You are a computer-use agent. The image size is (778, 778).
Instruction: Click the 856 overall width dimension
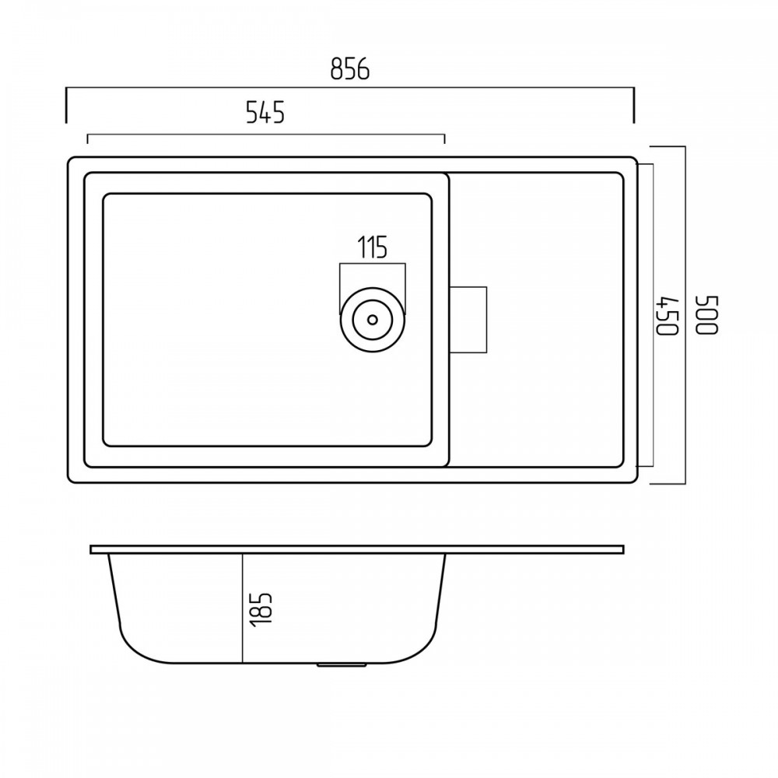(350, 69)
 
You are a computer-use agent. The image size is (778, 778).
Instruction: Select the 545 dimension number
(265, 113)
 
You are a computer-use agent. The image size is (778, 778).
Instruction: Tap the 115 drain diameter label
(373, 247)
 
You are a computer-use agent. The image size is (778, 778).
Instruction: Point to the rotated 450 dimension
(668, 316)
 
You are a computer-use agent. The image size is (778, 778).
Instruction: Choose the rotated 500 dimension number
(707, 316)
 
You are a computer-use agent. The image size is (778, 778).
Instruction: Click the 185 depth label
(261, 609)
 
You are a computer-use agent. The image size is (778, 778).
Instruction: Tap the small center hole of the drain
(373, 320)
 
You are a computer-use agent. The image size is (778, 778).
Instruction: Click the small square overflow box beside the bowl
(468, 320)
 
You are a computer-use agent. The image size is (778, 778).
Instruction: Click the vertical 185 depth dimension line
(242, 608)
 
